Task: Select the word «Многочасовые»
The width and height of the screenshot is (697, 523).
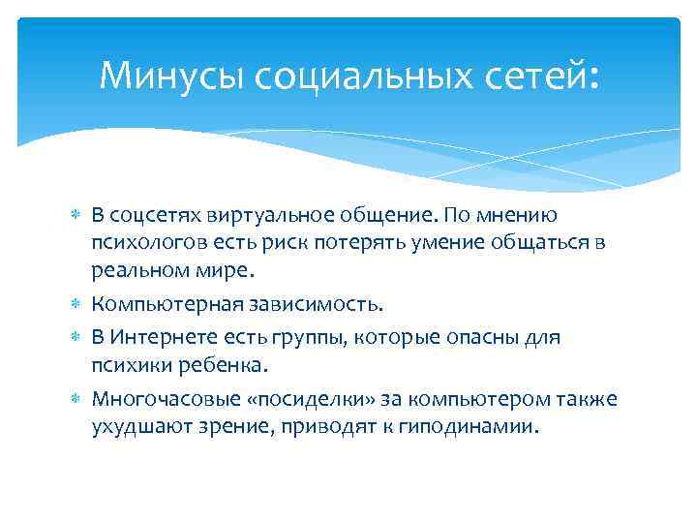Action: [x=161, y=400]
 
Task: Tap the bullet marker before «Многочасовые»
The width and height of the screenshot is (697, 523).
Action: [x=78, y=400]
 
